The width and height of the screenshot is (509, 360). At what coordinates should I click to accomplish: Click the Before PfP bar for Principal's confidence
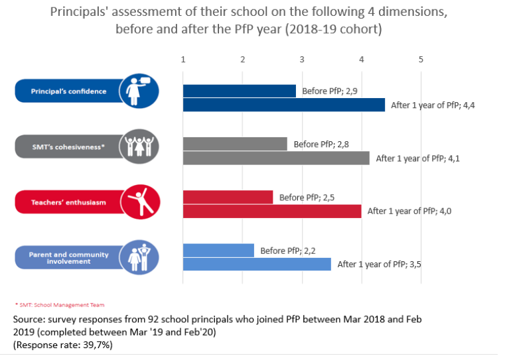pos(239,91)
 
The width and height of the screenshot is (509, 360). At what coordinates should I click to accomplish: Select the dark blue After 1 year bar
pos(283,105)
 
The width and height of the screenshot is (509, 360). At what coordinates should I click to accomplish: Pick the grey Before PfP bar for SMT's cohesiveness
pos(234,144)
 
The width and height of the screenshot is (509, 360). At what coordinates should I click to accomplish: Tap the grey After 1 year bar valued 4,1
pos(275,158)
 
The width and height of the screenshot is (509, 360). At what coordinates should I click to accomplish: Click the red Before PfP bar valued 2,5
pos(227,197)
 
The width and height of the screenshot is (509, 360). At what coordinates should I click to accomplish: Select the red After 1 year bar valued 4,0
pos(271,211)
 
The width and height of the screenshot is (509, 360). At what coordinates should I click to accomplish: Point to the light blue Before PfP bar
pos(218,250)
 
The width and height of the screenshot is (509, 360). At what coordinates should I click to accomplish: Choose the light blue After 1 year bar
pos(256,264)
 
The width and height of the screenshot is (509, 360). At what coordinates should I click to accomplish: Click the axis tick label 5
pos(421,60)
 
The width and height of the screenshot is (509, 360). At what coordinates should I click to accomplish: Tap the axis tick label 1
pos(183,60)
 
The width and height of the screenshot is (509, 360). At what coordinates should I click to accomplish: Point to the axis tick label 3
pos(302,60)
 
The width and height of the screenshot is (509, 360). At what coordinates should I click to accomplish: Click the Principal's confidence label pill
pos(66,91)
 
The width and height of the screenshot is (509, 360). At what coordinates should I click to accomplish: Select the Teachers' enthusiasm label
pos(66,202)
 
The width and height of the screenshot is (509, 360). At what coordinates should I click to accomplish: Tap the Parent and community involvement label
pos(66,257)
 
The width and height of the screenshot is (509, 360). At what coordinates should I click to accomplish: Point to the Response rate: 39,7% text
pos(60,345)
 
